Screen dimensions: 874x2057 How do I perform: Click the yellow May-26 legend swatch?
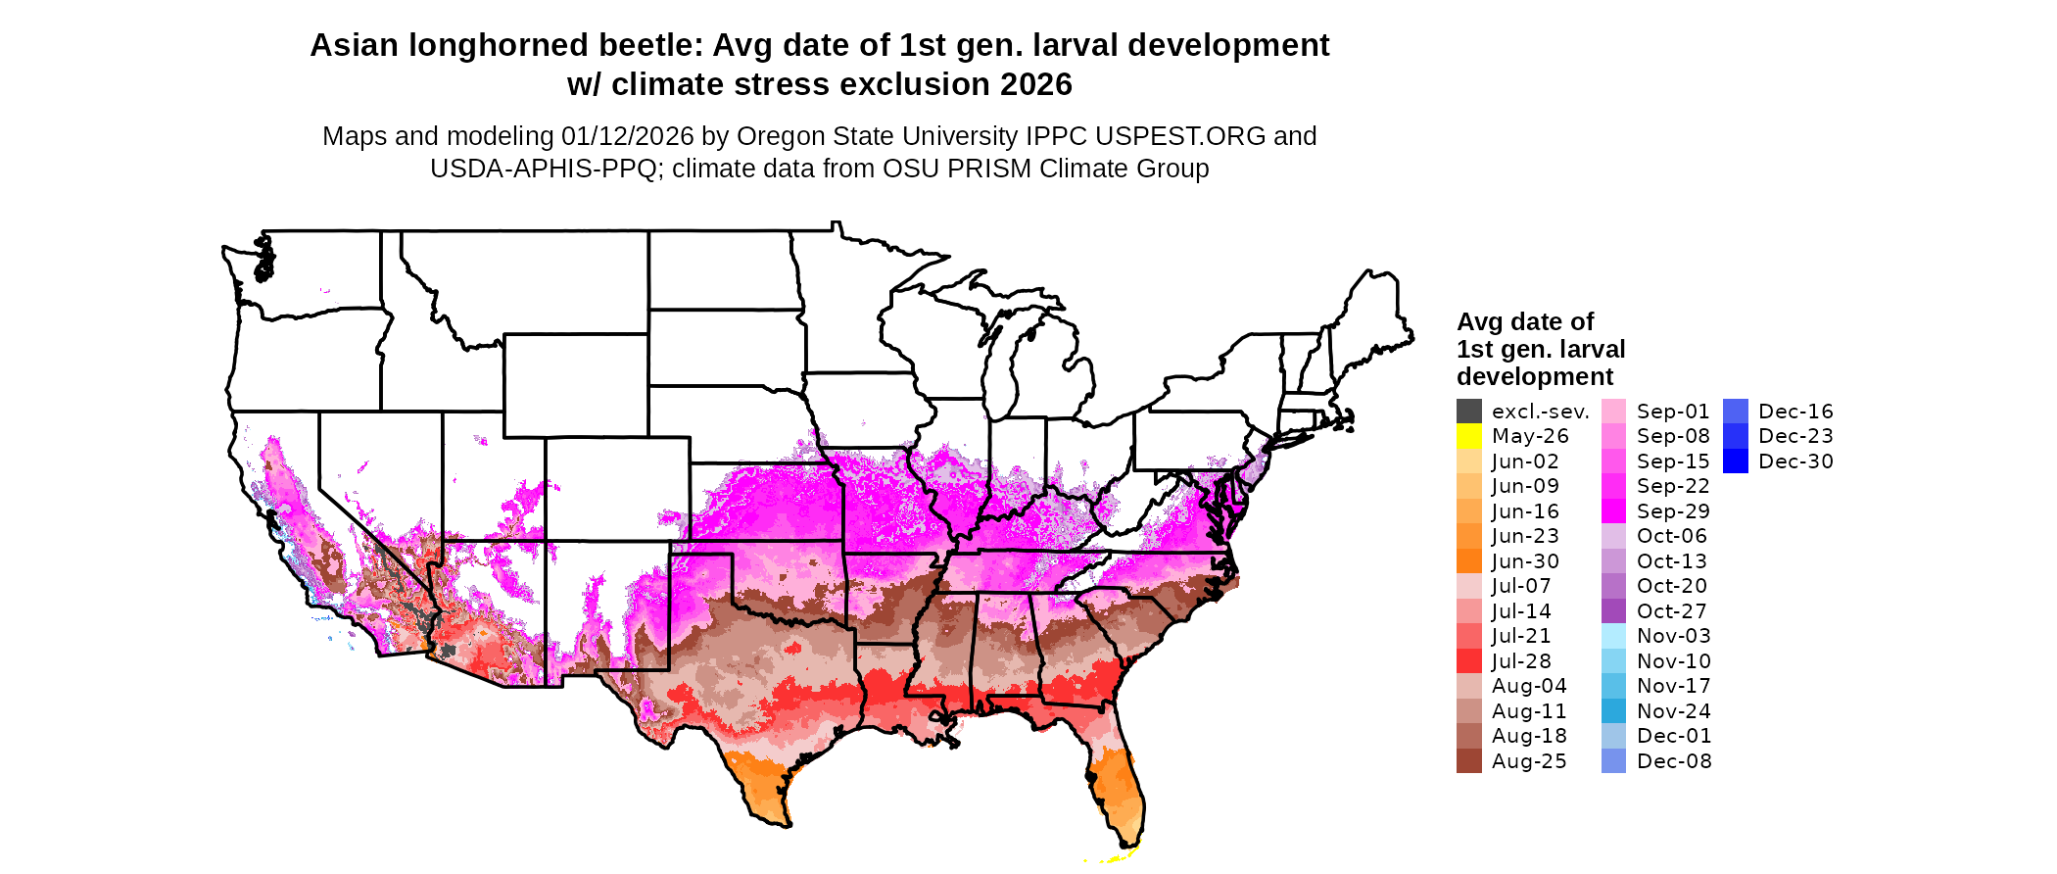point(1468,436)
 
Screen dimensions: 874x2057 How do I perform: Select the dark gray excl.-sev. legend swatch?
point(1468,412)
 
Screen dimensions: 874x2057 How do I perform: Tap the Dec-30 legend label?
point(1795,461)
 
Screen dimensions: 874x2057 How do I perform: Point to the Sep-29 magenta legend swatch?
point(1613,511)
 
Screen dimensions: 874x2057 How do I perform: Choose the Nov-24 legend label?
point(1673,711)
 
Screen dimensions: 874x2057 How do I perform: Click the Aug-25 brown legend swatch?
point(1468,761)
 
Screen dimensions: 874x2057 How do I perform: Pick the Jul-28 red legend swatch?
point(1468,661)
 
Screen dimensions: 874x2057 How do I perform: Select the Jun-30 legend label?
point(1525,561)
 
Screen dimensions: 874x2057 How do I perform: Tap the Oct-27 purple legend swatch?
point(1613,611)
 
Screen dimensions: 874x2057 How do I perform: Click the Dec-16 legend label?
point(1795,412)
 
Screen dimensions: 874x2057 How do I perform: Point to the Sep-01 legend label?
point(1673,412)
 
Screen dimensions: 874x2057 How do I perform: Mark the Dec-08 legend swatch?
point(1613,761)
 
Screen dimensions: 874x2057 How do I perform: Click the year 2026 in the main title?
point(1036,84)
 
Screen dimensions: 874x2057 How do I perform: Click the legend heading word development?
point(1535,377)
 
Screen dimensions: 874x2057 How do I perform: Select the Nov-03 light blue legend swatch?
point(1613,636)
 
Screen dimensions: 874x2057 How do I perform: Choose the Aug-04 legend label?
point(1529,686)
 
